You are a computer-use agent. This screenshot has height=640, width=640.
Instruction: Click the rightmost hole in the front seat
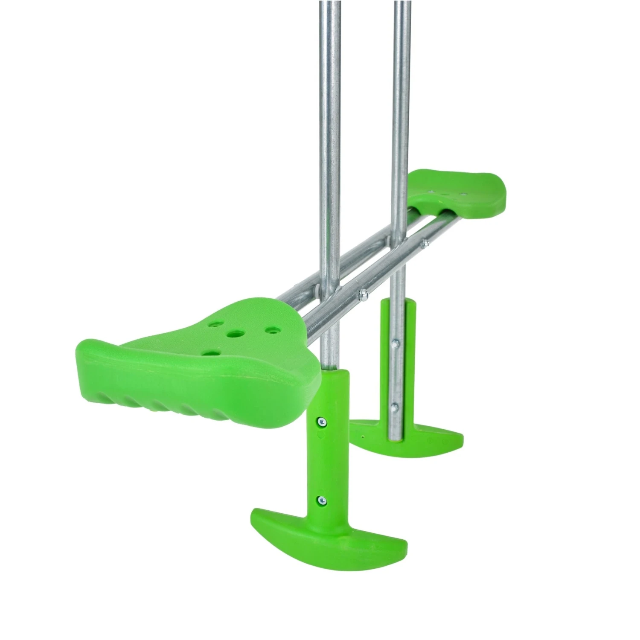pos(270,330)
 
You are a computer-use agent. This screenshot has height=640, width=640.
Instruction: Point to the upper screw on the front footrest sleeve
pos(320,422)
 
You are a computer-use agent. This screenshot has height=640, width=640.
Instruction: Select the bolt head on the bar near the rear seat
pos(425,244)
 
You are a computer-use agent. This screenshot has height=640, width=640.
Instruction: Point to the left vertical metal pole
pos(328,128)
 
